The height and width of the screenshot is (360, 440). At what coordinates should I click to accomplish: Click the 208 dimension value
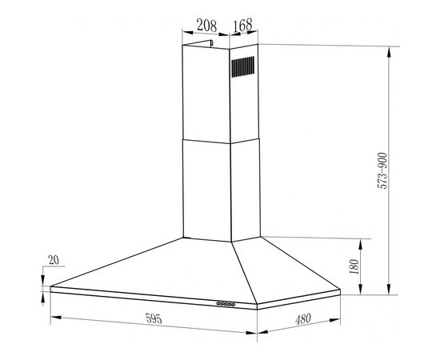click(x=207, y=26)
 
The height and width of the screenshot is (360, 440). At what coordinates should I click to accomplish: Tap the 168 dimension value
click(x=242, y=26)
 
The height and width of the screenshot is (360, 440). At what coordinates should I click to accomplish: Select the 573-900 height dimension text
click(x=382, y=171)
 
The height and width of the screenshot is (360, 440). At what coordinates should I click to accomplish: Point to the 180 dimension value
click(x=354, y=266)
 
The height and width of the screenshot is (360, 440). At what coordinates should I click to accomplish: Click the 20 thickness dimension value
click(x=54, y=260)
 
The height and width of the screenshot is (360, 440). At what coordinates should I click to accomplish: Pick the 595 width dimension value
click(x=154, y=318)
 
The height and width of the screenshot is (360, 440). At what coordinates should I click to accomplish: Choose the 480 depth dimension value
click(x=303, y=319)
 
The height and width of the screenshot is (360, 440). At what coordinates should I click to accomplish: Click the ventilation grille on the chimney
click(x=243, y=66)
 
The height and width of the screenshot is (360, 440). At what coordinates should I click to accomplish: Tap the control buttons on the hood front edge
click(x=226, y=304)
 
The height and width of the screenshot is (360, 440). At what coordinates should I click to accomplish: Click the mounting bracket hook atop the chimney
click(x=211, y=43)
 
